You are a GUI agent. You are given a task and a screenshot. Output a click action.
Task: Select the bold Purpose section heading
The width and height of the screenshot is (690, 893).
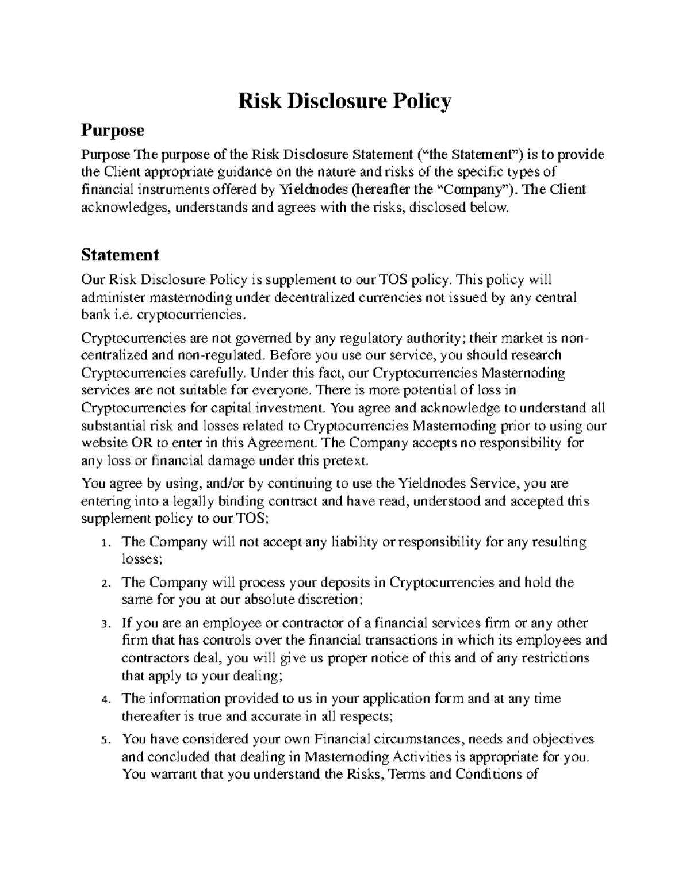pos(112,130)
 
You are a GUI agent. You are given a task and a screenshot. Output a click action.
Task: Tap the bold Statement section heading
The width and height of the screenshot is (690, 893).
pos(120,254)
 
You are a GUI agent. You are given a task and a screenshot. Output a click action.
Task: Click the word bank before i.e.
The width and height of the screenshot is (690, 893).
pos(94,315)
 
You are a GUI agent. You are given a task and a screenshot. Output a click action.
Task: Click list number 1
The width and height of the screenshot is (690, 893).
pos(104,543)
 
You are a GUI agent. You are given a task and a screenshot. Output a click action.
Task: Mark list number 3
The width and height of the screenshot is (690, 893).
pos(104,624)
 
